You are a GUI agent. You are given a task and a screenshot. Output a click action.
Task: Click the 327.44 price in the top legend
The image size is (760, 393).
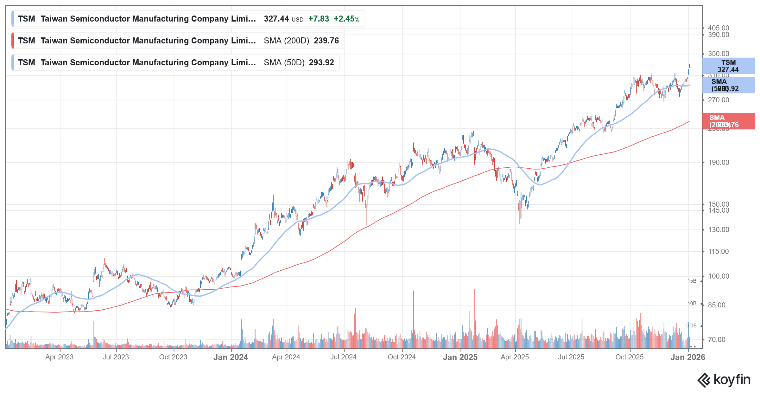coord(276,19)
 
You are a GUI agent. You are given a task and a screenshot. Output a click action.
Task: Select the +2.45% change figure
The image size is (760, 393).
coord(346,19)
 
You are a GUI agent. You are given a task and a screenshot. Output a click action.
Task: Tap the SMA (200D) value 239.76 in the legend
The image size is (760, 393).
coord(326,41)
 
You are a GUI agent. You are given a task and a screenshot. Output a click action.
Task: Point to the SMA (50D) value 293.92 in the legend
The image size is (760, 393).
coord(321,63)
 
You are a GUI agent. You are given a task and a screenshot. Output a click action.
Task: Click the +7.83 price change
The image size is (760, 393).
coord(319,19)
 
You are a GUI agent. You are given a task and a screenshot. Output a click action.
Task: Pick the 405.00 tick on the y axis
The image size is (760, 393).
coord(718,28)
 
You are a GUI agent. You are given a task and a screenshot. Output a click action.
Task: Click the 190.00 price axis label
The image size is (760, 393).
coord(718,163)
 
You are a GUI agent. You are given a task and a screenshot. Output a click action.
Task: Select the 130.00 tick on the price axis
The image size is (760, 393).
coord(718,230)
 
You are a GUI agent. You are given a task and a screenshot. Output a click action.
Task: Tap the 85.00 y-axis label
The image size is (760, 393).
coord(716,305)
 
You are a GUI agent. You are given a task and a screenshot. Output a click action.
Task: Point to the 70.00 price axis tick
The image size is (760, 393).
coord(716,340)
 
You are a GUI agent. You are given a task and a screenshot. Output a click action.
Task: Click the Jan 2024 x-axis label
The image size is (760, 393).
coord(231,357)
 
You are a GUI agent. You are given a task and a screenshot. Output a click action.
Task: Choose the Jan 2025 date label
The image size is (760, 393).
coord(460,357)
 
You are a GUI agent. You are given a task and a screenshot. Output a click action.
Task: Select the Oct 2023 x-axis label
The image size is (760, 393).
coord(173,357)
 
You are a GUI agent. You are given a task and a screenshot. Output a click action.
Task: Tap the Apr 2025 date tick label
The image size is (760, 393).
coord(515,357)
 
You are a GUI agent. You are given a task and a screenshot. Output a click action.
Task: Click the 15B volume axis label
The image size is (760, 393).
coord(692,281)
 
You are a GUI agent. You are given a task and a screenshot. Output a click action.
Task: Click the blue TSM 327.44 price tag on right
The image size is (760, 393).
coord(728,66)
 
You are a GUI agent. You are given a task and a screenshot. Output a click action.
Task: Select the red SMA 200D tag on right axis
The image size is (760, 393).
coord(728,121)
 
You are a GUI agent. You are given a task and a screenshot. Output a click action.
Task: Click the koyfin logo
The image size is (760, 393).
coord(724,380)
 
